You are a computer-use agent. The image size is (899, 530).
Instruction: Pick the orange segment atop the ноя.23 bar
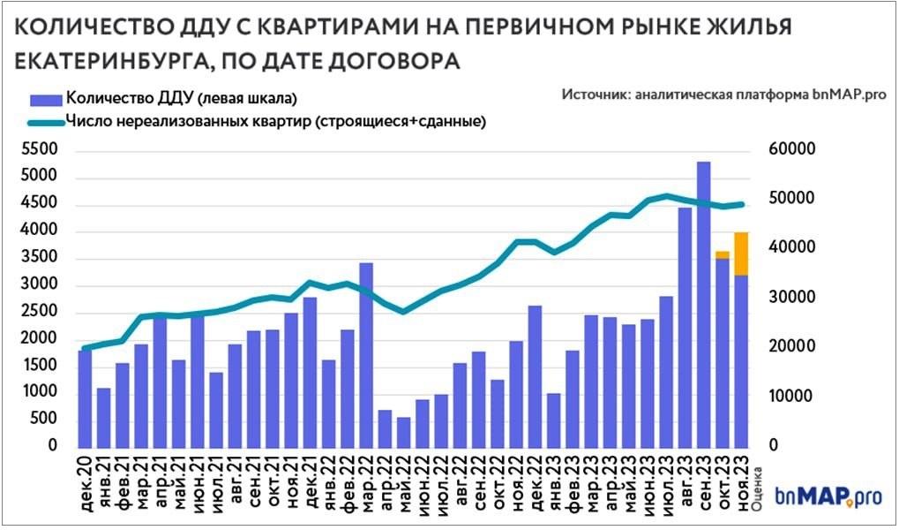(741, 254)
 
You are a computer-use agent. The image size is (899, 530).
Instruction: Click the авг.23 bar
(685, 327)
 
